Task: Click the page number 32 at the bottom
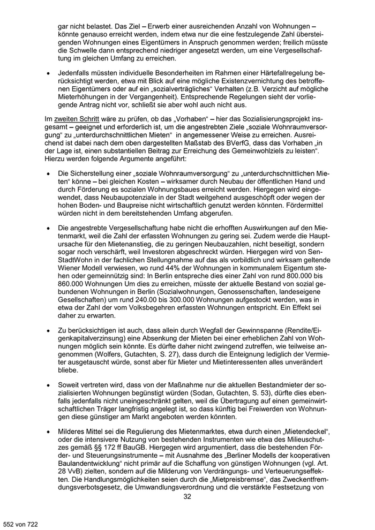click(x=187, y=496)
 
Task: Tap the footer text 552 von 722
click(x=20, y=520)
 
